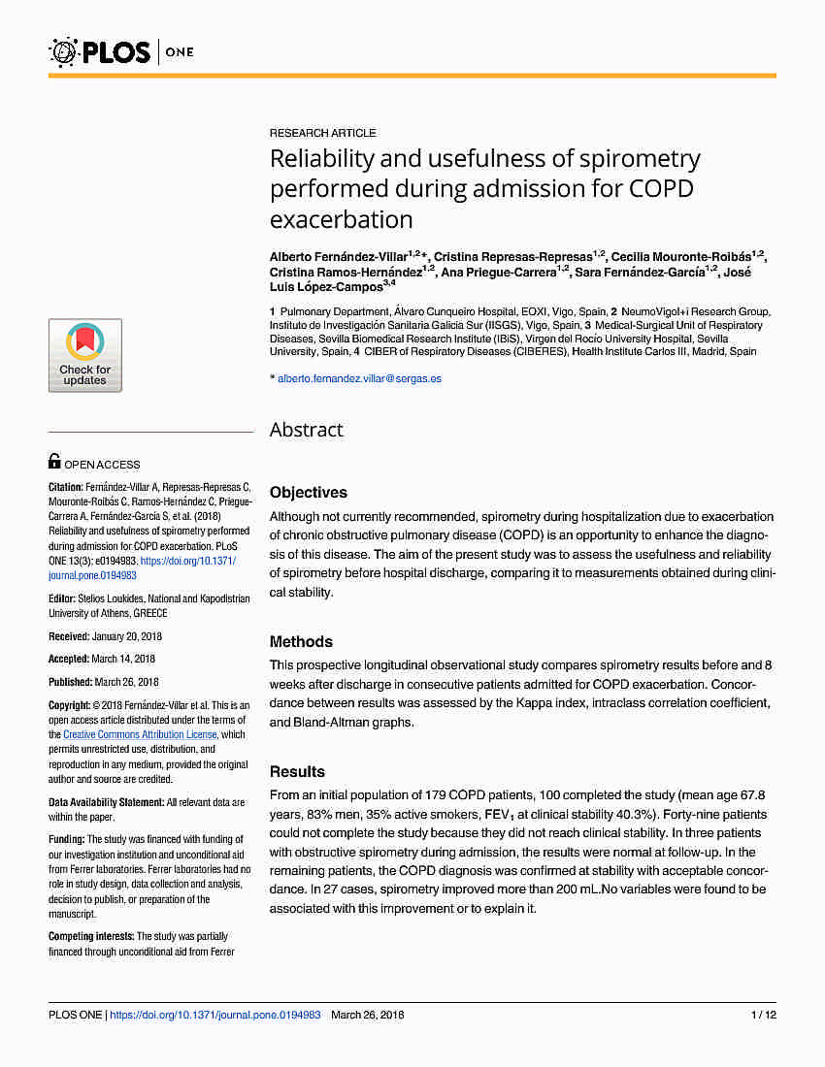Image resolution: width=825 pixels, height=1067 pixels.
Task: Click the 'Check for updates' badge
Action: [x=85, y=355]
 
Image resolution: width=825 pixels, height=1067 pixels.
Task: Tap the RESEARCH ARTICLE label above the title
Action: [x=322, y=133]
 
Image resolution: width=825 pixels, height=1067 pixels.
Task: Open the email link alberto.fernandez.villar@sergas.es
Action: [x=359, y=378]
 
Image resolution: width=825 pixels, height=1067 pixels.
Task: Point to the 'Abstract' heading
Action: [x=306, y=430]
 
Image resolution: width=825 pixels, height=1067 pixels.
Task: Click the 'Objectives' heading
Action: [x=308, y=493]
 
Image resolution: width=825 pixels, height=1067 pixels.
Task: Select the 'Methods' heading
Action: [x=301, y=642]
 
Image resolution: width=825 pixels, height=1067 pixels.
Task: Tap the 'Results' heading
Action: [x=297, y=772]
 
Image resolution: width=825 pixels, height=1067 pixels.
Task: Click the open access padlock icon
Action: [x=54, y=463]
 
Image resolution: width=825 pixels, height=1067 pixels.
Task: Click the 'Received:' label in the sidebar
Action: [x=70, y=636]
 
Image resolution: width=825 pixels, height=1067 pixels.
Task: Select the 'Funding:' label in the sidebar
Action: [x=67, y=839]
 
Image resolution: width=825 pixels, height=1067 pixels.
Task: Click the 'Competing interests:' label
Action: [x=91, y=936]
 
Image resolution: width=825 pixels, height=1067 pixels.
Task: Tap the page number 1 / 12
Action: [x=764, y=1016]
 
